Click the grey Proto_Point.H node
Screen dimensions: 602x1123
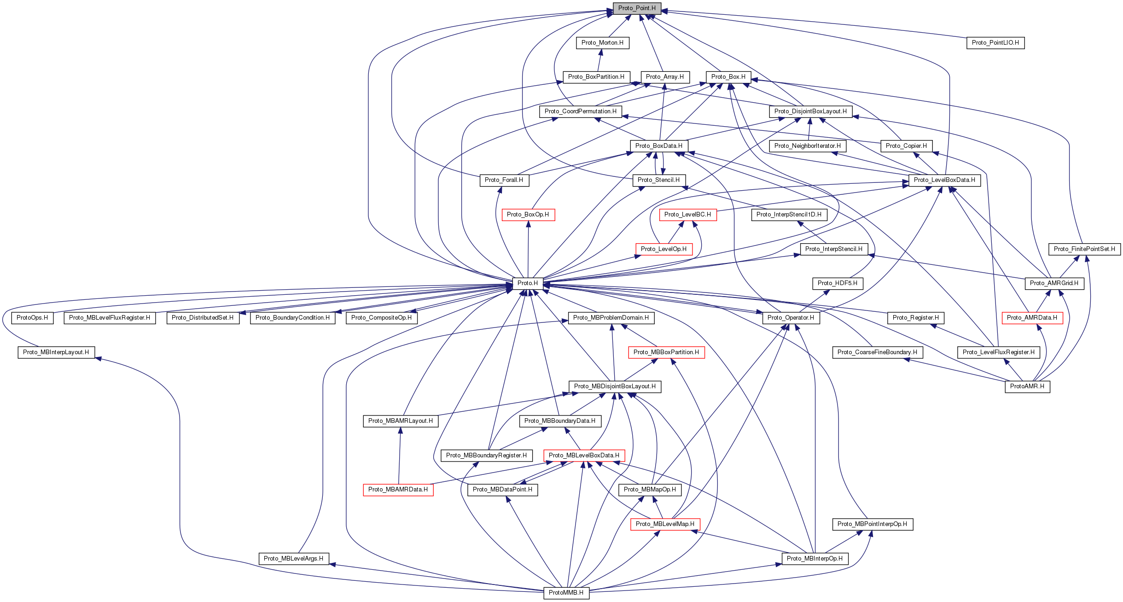(x=637, y=8)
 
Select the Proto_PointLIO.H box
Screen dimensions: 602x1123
(x=995, y=43)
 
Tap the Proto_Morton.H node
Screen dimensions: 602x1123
(x=602, y=43)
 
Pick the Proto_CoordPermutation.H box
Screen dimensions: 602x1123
(x=580, y=111)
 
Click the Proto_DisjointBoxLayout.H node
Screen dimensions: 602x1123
(x=810, y=111)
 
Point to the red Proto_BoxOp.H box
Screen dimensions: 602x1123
(x=528, y=215)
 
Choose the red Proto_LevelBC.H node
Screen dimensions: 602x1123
(x=687, y=215)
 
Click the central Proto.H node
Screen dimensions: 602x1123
(x=527, y=283)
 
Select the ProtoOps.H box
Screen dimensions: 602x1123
(x=32, y=318)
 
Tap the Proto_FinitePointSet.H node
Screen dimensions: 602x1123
(x=1084, y=249)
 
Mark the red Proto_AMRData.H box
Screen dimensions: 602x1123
(x=1032, y=318)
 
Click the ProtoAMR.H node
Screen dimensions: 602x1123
(x=1027, y=386)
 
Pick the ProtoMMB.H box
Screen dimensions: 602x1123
(x=566, y=593)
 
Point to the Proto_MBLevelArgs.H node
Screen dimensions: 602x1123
(x=293, y=559)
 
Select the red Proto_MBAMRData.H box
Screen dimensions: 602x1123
(x=398, y=490)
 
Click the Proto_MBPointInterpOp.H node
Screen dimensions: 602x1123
(x=872, y=524)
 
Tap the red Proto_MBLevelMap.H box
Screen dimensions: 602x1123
(x=665, y=524)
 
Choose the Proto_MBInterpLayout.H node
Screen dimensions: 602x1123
(x=56, y=352)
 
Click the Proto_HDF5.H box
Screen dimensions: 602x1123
(x=837, y=283)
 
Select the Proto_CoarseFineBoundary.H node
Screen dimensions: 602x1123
(x=877, y=352)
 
